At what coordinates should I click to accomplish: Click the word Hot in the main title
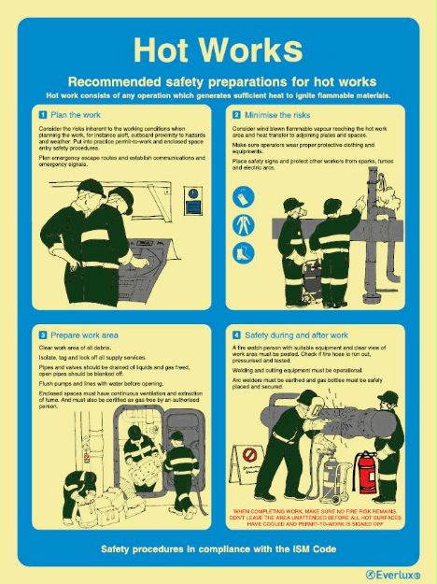[x=164, y=50]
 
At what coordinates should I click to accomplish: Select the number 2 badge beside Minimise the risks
[x=237, y=113]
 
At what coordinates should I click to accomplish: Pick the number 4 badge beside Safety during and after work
[x=237, y=334]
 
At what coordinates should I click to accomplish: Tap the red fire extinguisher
[x=368, y=472]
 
